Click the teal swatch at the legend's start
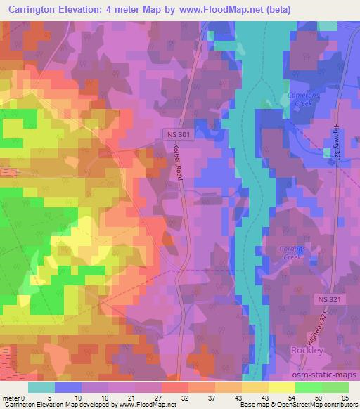41,387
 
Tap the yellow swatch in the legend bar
281,387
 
